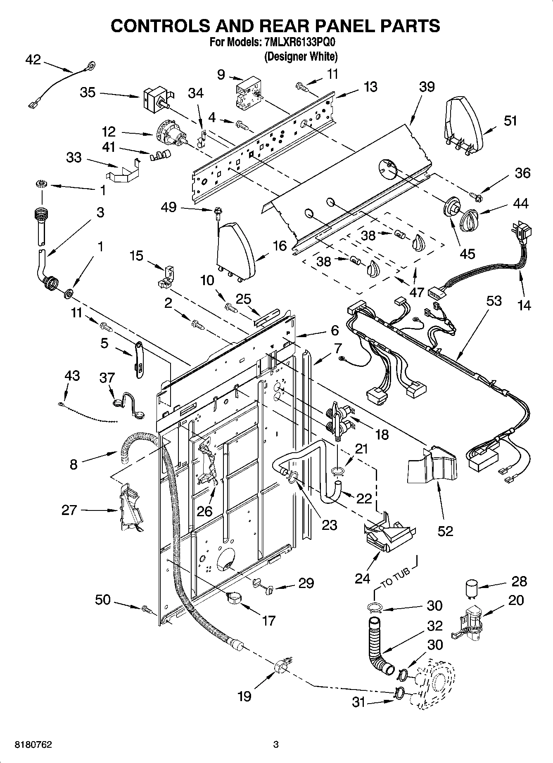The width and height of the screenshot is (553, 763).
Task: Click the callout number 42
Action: [33, 60]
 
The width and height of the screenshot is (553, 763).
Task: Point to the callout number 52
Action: [445, 531]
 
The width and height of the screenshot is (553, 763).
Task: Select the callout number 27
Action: [69, 510]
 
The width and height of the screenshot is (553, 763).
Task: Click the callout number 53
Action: [494, 301]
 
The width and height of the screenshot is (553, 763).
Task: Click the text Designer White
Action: [301, 57]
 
